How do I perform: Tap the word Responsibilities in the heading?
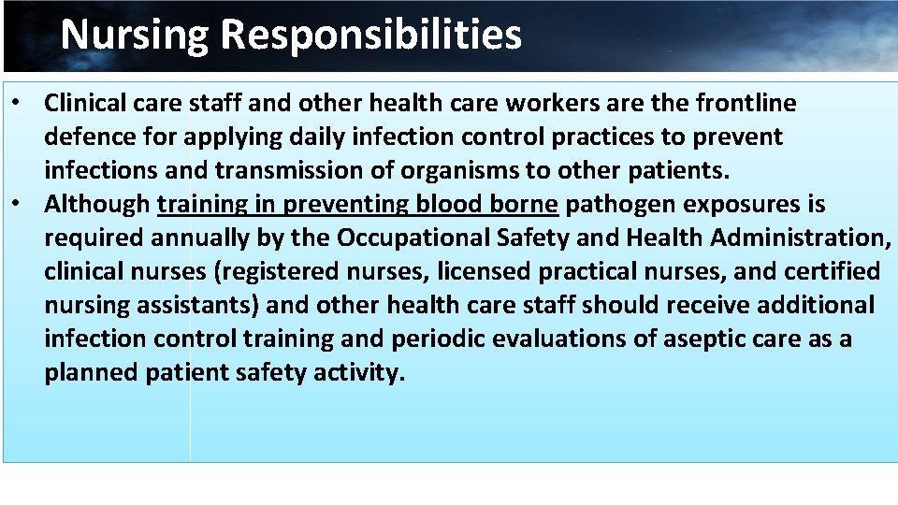[x=371, y=36]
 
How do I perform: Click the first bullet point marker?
[x=18, y=103]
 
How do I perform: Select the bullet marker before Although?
[x=18, y=204]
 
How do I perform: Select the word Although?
[x=97, y=204]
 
